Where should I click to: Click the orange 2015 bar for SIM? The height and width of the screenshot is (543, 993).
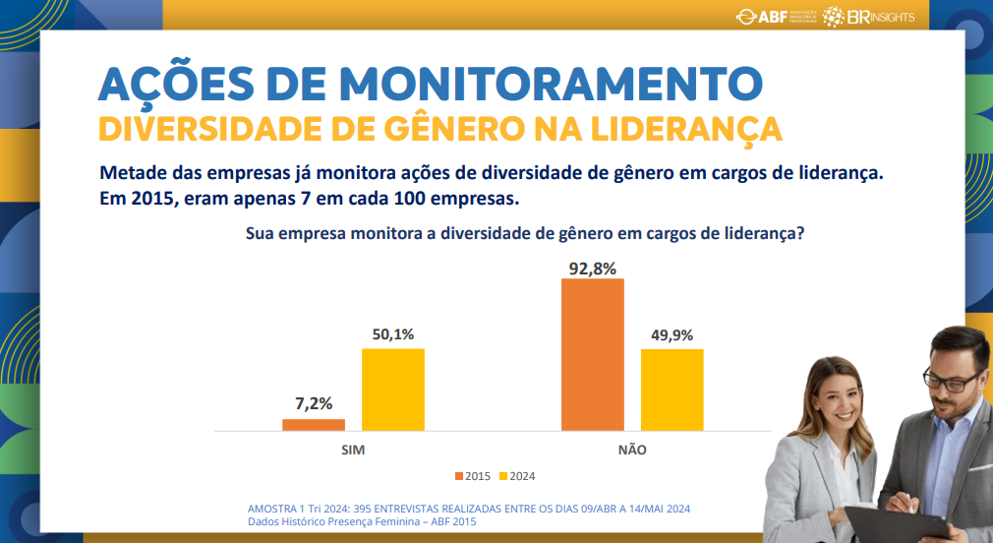[314, 425]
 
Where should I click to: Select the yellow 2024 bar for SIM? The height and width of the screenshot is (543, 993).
[393, 390]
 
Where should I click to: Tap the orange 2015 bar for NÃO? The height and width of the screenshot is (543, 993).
[593, 354]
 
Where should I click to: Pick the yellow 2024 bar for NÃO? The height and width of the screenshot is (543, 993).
[672, 390]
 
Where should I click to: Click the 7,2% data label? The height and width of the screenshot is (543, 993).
[314, 403]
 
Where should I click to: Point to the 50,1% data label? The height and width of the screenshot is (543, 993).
[393, 334]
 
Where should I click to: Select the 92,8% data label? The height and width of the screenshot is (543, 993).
[593, 268]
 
